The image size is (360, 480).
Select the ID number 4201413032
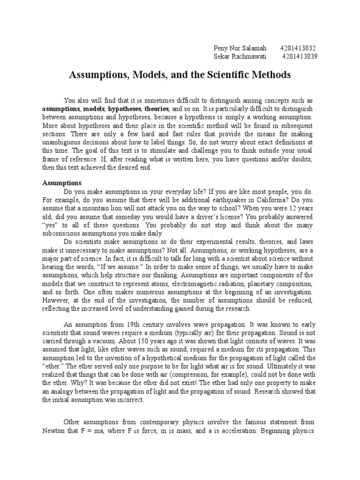click(x=298, y=48)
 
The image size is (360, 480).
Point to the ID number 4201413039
click(x=300, y=56)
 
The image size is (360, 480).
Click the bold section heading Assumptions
click(x=62, y=182)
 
